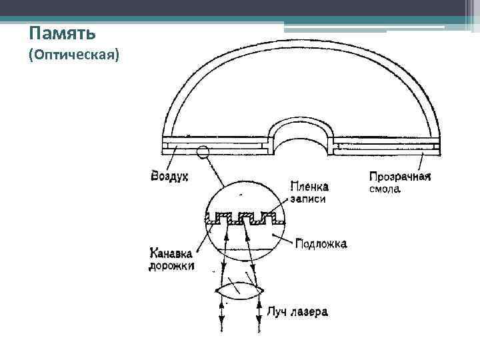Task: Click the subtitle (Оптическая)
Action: tap(74, 56)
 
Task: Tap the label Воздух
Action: tap(170, 177)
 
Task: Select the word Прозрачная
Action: tap(400, 177)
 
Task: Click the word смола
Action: tap(385, 189)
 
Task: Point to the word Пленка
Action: tap(309, 187)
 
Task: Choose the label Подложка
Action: tap(321, 244)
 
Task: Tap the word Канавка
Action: tap(171, 253)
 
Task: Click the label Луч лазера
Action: tap(297, 311)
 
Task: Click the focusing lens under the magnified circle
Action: tap(240, 292)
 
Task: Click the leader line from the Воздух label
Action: tap(177, 159)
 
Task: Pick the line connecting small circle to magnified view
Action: tap(217, 172)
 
